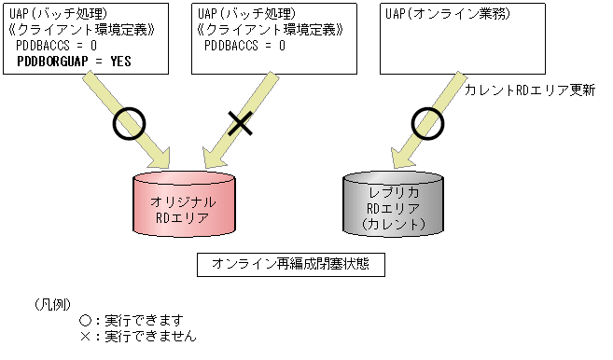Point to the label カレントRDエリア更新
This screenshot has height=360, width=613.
pos(529,90)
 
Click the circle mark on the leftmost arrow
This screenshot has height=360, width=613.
pos(130,121)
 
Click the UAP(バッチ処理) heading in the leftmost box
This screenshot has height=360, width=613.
pos(54,15)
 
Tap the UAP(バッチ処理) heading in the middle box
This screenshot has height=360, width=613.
pos(241,15)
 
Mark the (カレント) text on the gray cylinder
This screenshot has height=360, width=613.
pos(393,225)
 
